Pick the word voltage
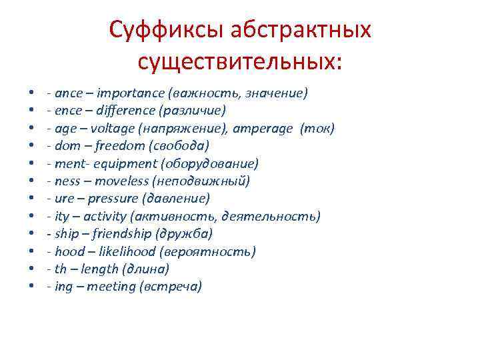[x=109, y=128]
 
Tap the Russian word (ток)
[x=317, y=128]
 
